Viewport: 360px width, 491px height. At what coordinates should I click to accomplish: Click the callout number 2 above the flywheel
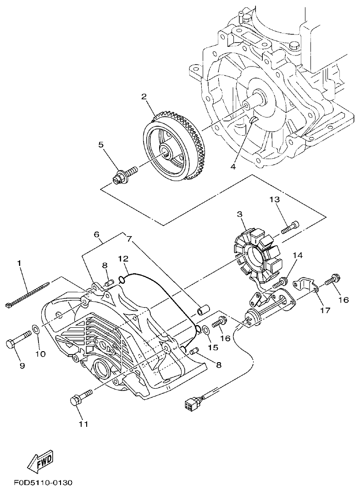(x=144, y=97)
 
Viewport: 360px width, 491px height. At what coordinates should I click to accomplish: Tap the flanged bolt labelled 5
(x=124, y=174)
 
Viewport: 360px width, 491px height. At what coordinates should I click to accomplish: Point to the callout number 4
(x=233, y=167)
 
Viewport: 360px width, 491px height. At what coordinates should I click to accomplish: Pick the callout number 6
(x=97, y=235)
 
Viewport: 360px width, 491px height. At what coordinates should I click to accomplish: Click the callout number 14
(x=298, y=255)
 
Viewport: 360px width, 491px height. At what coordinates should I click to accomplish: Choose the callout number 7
(x=129, y=239)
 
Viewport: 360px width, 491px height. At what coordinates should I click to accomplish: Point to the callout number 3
(x=239, y=215)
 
